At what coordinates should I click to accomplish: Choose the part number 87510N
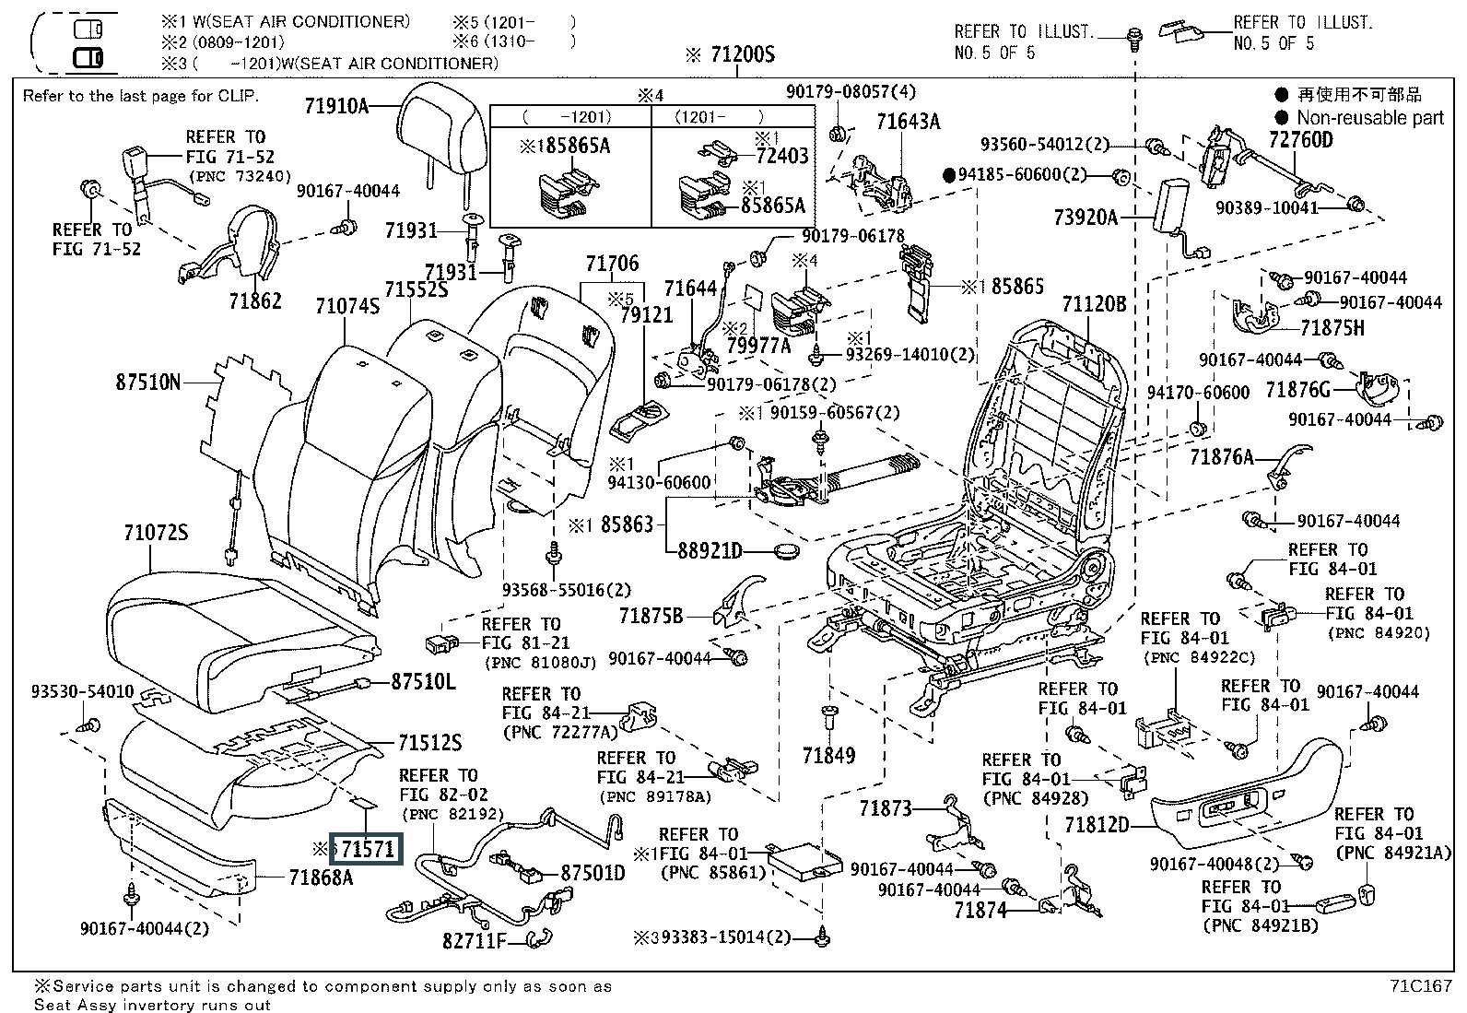coord(148,381)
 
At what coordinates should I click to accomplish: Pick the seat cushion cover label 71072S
coord(156,532)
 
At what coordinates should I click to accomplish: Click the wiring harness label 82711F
coord(475,940)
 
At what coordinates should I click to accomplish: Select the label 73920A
coord(1086,218)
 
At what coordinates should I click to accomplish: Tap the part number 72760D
coord(1300,139)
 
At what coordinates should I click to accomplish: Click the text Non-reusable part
coord(1369,117)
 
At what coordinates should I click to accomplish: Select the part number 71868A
coord(321,878)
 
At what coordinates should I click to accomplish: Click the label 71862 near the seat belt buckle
coord(255,300)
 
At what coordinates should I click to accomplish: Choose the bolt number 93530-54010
coord(82,691)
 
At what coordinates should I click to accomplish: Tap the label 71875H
coord(1332,327)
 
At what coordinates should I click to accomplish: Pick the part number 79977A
coord(758,346)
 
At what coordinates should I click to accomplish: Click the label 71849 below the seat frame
coord(828,755)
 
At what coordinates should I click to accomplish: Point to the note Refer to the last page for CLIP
coord(141,96)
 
